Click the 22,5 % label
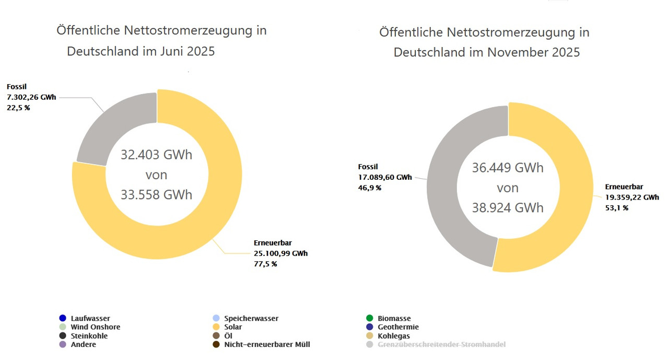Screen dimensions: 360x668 18,108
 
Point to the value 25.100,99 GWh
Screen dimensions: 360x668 280,253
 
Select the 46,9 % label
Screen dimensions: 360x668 369,188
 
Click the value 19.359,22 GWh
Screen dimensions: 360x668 632,198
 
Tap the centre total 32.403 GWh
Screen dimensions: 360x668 157,155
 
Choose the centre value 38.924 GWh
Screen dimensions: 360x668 508,208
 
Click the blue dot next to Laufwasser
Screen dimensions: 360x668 63,318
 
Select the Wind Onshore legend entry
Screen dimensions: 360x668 95,327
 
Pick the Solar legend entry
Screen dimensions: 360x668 233,327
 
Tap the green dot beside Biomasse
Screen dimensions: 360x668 370,318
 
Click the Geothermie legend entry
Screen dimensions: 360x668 398,327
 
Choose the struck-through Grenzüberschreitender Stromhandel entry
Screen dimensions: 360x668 441,344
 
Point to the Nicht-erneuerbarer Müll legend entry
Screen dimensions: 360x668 267,344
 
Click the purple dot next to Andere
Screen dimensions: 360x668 63,344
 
